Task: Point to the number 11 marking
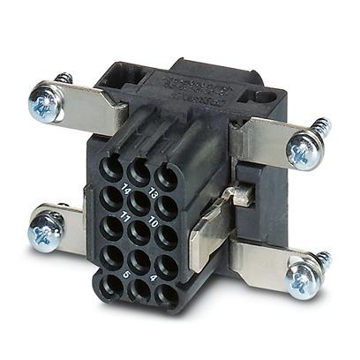click(x=127, y=214)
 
